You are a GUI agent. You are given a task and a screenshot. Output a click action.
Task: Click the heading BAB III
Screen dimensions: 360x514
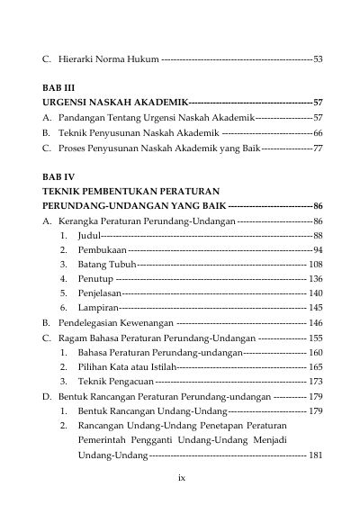[x=59, y=91]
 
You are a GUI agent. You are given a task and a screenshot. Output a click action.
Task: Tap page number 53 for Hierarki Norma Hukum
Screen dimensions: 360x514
[x=318, y=59]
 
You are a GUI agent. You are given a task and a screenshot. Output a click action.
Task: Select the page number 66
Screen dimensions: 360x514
[x=318, y=132]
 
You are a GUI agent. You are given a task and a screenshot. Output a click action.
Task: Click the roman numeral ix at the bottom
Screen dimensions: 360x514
[x=180, y=478]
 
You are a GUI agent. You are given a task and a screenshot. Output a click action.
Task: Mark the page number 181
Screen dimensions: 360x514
[x=315, y=455]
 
